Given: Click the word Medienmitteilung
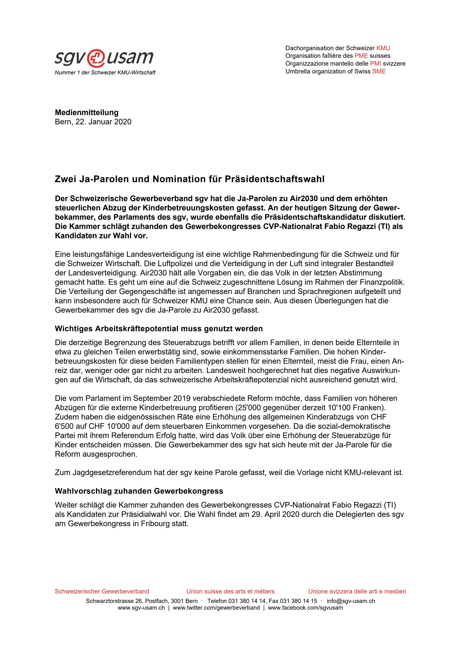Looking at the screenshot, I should (x=87, y=112).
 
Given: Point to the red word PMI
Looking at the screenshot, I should (x=375, y=63).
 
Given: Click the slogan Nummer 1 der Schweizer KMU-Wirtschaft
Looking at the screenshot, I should (x=105, y=73).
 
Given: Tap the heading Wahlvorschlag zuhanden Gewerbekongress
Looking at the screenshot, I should (x=139, y=491).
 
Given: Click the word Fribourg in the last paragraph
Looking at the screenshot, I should (x=155, y=524).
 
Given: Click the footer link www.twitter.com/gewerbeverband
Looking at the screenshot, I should (x=216, y=608).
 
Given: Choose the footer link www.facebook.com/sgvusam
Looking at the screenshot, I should (x=305, y=608).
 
